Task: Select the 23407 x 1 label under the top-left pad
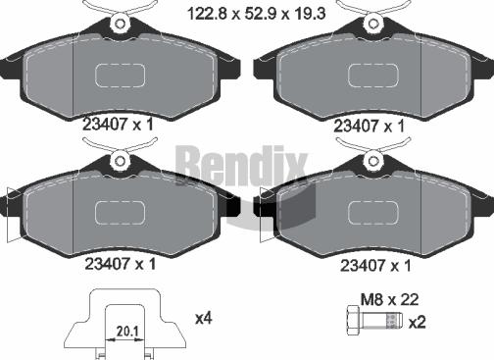point(116,125)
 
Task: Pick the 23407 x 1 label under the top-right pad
point(369,125)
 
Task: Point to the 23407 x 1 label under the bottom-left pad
point(116,264)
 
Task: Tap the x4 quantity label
point(205,318)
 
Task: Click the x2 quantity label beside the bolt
point(416,322)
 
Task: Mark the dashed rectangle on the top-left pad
point(120,76)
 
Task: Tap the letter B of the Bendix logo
point(191,163)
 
